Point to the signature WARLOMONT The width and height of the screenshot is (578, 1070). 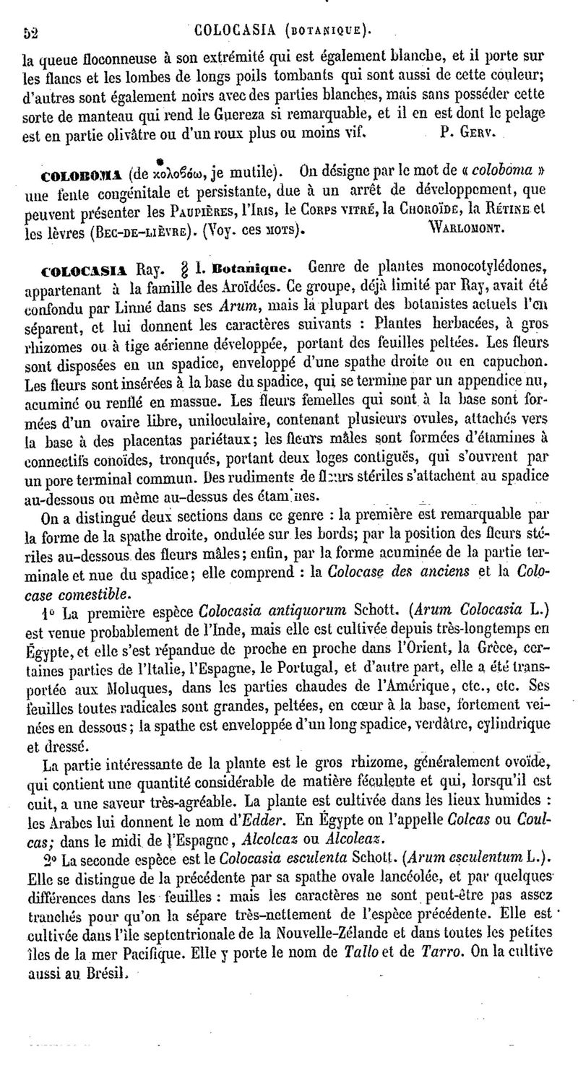tap(472, 233)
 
